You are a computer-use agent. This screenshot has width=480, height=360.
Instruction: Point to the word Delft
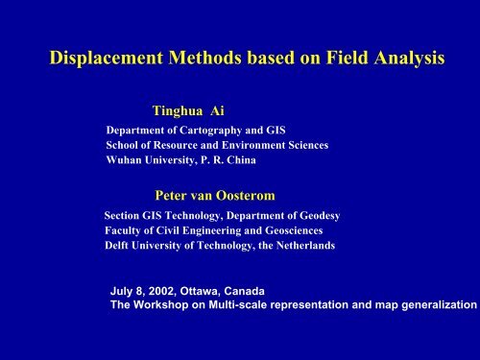pyautogui.click(x=122, y=246)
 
